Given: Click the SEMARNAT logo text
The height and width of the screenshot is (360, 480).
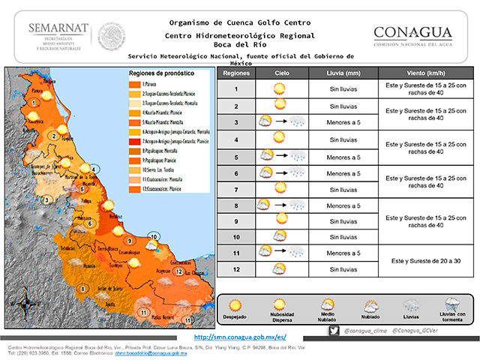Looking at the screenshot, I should click(x=58, y=28).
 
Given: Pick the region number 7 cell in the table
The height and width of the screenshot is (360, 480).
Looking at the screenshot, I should click(x=235, y=189).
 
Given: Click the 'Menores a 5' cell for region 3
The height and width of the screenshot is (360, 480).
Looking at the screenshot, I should click(x=343, y=122).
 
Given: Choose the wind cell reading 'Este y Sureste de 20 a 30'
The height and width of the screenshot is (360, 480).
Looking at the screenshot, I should click(x=422, y=260).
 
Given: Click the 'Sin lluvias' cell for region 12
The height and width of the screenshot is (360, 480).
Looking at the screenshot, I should click(x=343, y=268).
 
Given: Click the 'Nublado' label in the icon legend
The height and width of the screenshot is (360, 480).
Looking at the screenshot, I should click(x=371, y=317).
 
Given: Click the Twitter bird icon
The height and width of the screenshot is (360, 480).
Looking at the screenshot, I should click(x=334, y=330).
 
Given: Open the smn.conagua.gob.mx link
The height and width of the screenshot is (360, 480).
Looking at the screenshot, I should click(x=240, y=337).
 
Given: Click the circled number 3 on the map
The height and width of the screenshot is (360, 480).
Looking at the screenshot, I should click(x=46, y=199).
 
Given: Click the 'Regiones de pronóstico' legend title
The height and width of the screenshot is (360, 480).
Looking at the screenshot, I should click(x=161, y=74).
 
